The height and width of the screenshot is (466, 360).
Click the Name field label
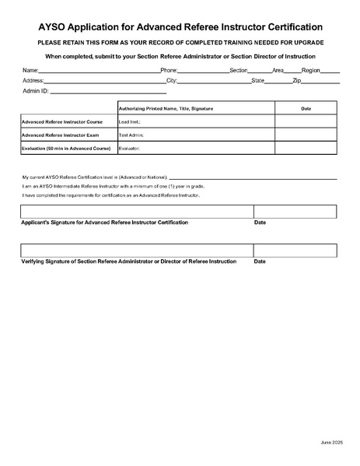[x=30, y=70]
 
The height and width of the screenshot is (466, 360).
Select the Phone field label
[x=169, y=70]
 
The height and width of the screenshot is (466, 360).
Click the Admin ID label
[x=36, y=91]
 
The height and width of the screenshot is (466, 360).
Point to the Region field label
[x=311, y=70]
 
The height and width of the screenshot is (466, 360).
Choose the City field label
[x=172, y=80]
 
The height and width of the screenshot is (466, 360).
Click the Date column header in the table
[x=306, y=108]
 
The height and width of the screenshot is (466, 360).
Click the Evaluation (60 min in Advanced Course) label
[x=66, y=148]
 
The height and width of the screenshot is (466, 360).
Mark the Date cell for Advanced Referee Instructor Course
[x=306, y=121]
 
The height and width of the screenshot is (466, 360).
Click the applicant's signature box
[x=137, y=212]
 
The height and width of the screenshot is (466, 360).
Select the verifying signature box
[x=137, y=250]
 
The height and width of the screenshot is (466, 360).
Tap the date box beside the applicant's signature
[x=295, y=212]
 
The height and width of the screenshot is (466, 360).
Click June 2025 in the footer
[x=331, y=442]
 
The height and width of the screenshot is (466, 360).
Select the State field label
[x=258, y=80]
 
